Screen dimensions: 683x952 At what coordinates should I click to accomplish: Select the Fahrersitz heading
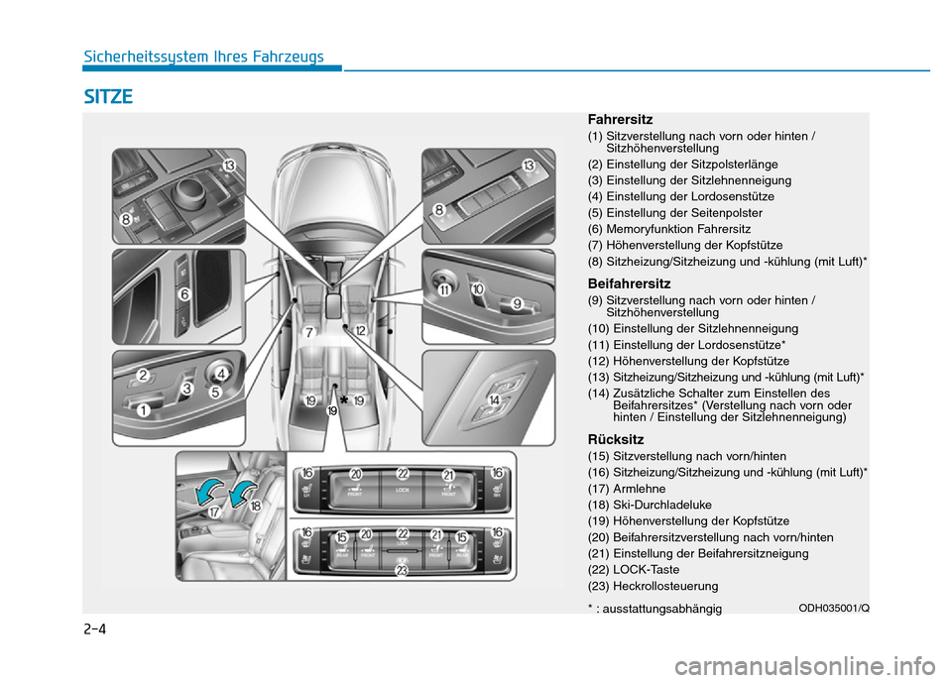pos(620,120)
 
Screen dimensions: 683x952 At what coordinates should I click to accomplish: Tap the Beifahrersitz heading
pos(629,284)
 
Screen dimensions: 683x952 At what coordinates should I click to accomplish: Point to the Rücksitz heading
pos(616,439)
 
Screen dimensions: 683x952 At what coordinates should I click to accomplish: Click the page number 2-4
pos(94,628)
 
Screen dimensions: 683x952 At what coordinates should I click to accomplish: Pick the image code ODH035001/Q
pos(834,607)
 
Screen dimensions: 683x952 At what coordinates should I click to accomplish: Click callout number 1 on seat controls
pos(145,409)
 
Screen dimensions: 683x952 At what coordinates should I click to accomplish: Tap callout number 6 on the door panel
pos(184,294)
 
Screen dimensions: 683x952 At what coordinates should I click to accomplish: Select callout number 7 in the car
pos(309,332)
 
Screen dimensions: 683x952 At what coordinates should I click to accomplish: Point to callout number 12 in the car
pos(360,330)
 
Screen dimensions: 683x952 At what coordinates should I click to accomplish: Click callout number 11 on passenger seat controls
pos(445,289)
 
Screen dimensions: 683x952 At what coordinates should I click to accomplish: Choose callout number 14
pos(493,399)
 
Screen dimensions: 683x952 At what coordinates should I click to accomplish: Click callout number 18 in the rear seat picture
pos(256,505)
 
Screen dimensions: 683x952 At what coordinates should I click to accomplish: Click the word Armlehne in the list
pos(642,489)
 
